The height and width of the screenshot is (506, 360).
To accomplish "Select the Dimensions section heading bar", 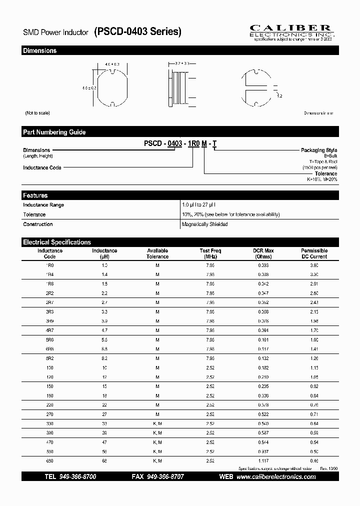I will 180,50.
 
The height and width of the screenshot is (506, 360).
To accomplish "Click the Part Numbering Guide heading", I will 54,132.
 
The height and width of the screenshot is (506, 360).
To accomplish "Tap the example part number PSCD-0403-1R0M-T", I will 180,143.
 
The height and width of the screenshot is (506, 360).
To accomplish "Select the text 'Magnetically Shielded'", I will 205,224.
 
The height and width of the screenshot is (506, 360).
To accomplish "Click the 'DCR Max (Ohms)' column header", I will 262,253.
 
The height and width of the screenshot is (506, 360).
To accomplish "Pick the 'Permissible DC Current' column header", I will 314,253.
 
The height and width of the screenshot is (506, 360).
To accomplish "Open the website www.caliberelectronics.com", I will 275,477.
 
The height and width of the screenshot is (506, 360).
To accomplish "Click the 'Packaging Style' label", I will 318,150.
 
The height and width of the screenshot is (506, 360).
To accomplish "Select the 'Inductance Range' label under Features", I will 43,205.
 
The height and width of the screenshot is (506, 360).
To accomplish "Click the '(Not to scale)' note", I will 37,113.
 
